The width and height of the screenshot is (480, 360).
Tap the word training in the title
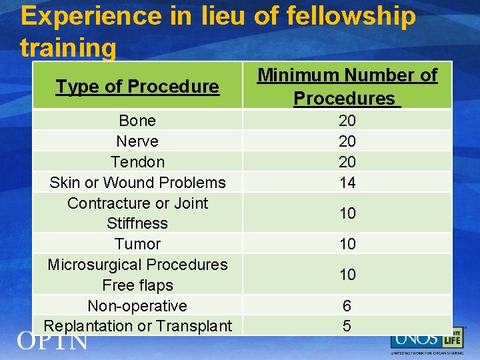coord(68,48)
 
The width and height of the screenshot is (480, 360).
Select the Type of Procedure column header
coord(137,87)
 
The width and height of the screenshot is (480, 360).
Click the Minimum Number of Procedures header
coord(347,87)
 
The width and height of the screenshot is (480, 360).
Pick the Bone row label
coord(137,121)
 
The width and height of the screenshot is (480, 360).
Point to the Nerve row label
coord(137,141)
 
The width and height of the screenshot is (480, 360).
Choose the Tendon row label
coord(137,162)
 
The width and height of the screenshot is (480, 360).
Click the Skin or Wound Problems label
coord(137,183)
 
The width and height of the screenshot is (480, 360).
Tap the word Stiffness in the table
coord(137,223)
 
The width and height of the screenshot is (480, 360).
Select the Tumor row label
coord(137,244)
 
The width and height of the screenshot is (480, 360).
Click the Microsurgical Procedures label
coord(137,265)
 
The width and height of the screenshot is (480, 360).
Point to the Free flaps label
coord(137,285)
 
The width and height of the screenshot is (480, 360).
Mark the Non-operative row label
coord(137,306)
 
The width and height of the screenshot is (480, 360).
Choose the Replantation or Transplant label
coord(137,326)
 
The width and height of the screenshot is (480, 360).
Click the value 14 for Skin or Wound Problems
coord(347,183)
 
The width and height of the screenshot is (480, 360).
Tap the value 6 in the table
coord(347,306)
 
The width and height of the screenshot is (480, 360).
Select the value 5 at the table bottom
coord(347,326)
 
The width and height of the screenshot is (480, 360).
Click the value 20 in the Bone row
coord(347,121)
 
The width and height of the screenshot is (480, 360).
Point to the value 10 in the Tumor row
coord(347,244)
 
